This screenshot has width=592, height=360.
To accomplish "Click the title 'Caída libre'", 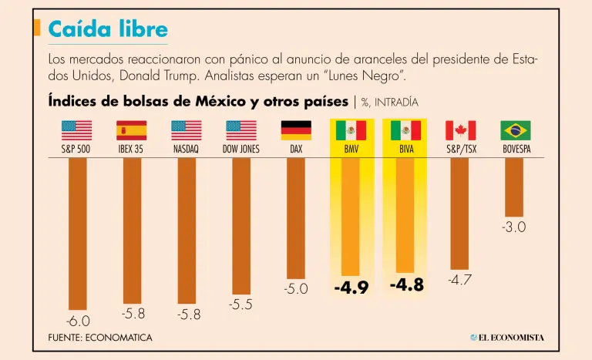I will tap(107, 29).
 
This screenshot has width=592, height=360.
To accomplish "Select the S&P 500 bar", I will tap(77, 231).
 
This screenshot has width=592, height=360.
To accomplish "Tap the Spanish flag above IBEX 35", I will tap(132, 130).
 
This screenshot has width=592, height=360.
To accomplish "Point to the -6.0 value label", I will tap(77, 321).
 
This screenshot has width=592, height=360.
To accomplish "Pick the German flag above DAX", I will tap(296, 130).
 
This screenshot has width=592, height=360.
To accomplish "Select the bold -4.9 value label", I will tap(351, 288).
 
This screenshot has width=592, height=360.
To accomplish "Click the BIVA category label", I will tap(405, 150).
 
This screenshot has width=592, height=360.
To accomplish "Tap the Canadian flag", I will tap(460, 130).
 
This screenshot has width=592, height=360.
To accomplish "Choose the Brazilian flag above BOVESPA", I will tap(515, 130).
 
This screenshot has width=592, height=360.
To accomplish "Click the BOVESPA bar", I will tap(515, 187).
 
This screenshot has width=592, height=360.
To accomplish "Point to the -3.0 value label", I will tap(515, 227).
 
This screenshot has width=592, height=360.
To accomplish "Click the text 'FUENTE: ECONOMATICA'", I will tap(100, 338).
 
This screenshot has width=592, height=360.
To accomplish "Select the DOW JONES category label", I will tap(240, 150).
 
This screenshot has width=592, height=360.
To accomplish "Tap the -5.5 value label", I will tap(240, 304).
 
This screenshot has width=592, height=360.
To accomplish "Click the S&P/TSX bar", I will tap(460, 214).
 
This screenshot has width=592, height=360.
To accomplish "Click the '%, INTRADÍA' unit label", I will tap(389, 102).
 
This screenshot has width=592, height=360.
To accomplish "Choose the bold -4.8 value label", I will tap(406, 285).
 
